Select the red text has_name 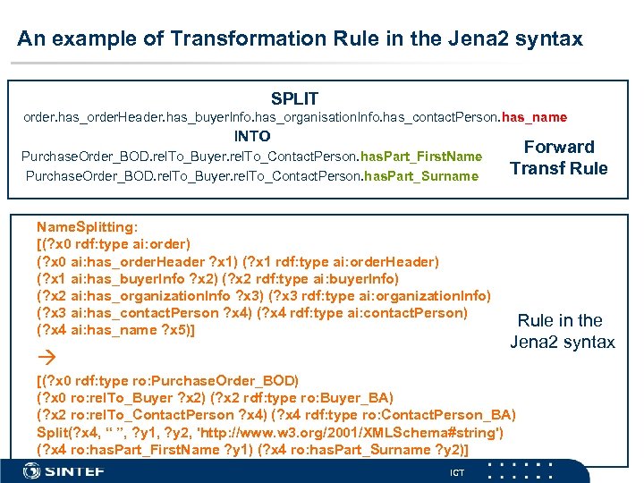tap(534, 117)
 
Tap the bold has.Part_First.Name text tap(424, 157)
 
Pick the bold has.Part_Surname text tap(420, 175)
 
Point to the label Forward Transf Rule tap(558, 157)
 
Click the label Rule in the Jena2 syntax tap(562, 331)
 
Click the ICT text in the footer tap(457, 472)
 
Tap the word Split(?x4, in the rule tap(70, 432)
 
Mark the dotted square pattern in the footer tap(527, 470)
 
